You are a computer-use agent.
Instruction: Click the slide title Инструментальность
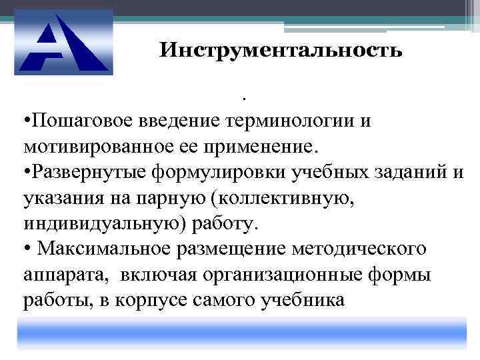click(x=281, y=51)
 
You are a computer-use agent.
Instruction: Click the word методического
click(x=361, y=248)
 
